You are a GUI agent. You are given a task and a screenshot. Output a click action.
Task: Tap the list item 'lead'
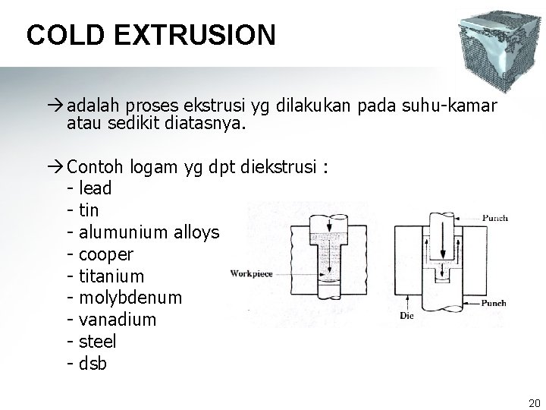(x=96, y=188)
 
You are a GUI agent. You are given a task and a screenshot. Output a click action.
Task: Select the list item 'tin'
(x=90, y=210)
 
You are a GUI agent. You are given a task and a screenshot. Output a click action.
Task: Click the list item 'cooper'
(x=106, y=254)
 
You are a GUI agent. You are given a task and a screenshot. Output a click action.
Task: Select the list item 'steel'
(x=97, y=342)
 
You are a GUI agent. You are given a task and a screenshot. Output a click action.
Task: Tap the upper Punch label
(x=495, y=218)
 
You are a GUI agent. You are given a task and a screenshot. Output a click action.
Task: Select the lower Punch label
(x=494, y=303)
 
